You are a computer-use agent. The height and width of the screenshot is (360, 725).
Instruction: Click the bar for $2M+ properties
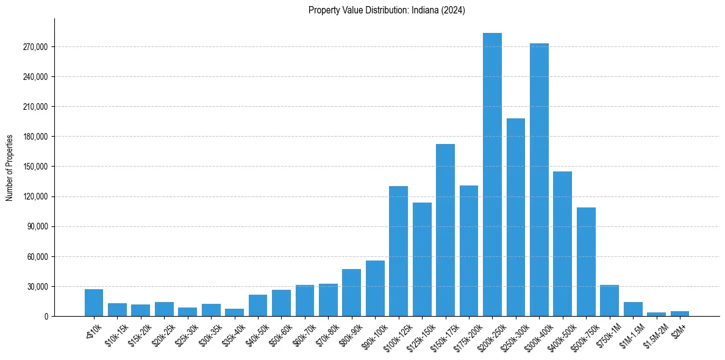point(679,314)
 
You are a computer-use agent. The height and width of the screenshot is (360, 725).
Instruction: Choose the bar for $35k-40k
point(234,312)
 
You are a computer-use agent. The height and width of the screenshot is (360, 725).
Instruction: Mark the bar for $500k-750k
point(586,262)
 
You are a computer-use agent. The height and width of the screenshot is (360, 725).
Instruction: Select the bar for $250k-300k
point(516,217)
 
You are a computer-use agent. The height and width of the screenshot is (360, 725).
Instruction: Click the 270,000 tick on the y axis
point(35,47)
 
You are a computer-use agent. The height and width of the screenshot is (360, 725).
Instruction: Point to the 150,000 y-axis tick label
point(35,167)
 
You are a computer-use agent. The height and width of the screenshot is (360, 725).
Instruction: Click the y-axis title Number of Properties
point(10,167)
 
